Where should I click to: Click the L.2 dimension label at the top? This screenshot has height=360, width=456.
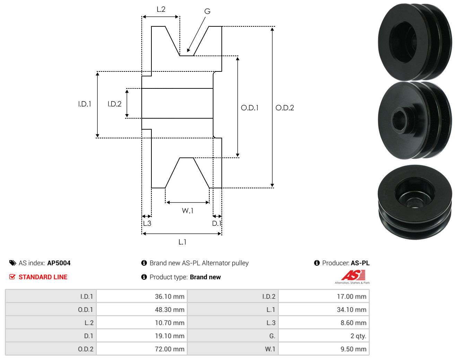(x=161, y=9)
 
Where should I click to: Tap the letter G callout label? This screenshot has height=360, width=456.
(x=207, y=11)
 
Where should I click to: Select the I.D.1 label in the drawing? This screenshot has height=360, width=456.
(x=85, y=104)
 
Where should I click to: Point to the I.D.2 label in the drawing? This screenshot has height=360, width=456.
(x=114, y=104)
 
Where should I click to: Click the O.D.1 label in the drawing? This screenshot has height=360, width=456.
(x=249, y=108)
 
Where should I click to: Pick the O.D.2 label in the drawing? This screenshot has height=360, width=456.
(x=284, y=108)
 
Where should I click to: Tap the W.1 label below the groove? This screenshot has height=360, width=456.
(x=187, y=211)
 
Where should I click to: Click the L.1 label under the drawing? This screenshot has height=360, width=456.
(x=182, y=242)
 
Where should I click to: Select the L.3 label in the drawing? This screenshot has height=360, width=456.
(x=147, y=223)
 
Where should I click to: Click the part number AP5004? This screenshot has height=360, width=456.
(x=59, y=263)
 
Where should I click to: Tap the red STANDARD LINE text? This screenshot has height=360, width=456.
(x=43, y=277)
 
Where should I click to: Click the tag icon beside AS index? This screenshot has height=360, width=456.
(x=13, y=263)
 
